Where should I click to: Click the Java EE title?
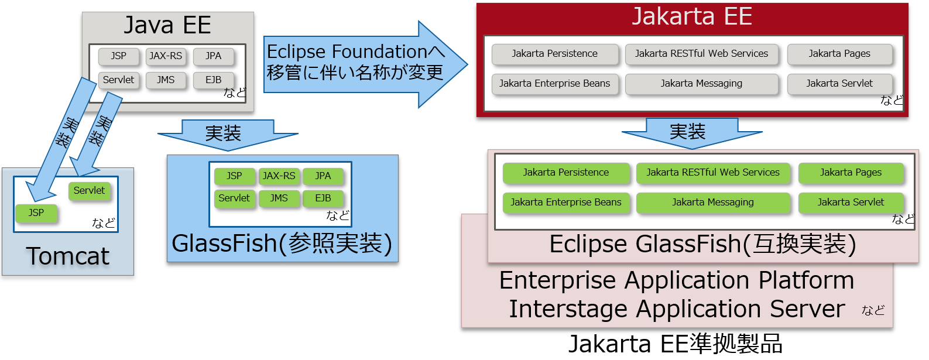[167, 26]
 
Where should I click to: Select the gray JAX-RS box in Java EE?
[166, 56]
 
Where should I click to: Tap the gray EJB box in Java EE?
[214, 80]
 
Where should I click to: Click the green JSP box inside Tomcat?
[36, 213]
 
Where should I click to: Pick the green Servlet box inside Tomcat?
[89, 191]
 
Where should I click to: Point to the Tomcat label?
[68, 256]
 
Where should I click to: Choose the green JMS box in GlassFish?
[279, 198]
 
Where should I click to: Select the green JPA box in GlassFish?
[323, 176]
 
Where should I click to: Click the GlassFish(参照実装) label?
[282, 244]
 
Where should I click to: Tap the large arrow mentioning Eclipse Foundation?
[357, 63]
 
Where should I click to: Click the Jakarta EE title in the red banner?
[692, 16]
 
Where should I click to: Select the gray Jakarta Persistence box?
[554, 54]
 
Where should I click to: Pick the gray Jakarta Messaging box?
[701, 84]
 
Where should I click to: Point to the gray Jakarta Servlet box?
[839, 84]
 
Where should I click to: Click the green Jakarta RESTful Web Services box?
[713, 173]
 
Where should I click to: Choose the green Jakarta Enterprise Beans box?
[566, 203]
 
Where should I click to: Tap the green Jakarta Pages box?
[851, 173]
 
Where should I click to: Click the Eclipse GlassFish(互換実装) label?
[702, 244]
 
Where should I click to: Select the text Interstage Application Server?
[677, 309]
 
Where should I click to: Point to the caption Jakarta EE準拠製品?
[676, 344]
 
